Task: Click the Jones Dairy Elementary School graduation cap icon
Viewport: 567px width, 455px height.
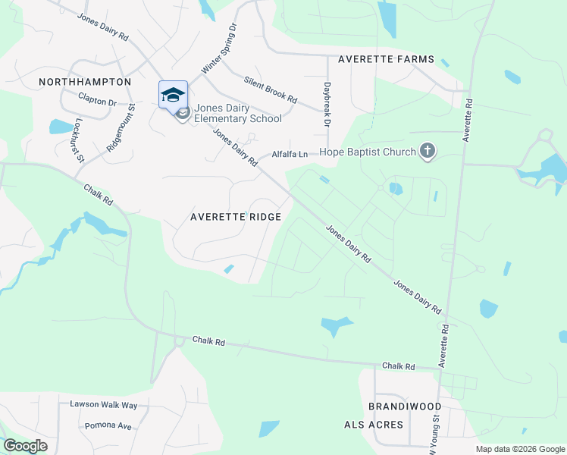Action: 173,94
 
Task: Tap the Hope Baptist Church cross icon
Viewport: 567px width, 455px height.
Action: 428,152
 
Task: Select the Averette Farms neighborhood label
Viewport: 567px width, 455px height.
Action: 386,59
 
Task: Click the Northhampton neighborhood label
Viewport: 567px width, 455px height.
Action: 86,81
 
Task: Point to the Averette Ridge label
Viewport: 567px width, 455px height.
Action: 235,217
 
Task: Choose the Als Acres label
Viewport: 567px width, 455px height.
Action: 374,425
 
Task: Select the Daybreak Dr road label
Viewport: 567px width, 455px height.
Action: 327,104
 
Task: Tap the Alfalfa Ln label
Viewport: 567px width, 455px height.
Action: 291,155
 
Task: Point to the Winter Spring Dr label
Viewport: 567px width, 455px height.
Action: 219,48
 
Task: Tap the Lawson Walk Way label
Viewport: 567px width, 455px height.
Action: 104,405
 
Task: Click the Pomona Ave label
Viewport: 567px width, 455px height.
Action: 108,425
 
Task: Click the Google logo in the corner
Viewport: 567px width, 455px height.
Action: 25,446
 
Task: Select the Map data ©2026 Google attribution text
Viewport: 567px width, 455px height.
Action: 519,449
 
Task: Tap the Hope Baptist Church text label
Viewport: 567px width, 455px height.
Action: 368,152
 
